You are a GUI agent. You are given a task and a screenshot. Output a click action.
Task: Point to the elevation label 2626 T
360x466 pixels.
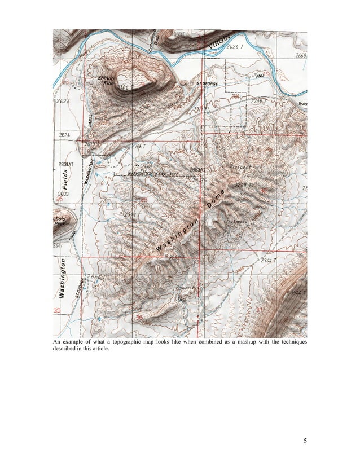pos(237,47)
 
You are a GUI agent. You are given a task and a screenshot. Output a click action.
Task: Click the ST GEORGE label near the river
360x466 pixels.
pos(207,84)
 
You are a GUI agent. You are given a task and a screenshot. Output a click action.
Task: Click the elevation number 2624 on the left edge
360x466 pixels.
pos(64,135)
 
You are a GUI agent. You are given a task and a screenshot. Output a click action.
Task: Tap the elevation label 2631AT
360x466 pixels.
pos(67,164)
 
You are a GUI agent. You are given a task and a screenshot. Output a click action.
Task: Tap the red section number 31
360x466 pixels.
pos(259,310)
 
